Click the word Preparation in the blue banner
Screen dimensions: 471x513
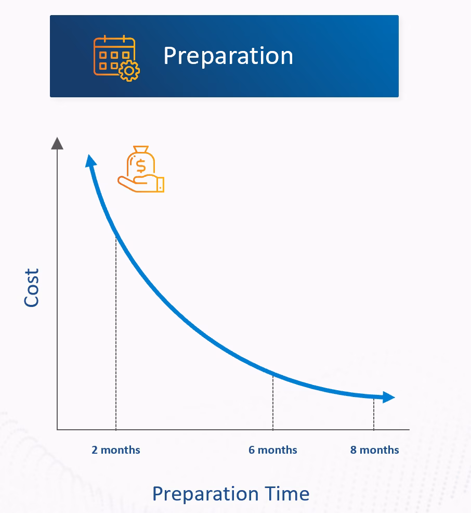[228, 56]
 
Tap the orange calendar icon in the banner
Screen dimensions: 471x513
[116, 58]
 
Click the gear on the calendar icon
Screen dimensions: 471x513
[129, 71]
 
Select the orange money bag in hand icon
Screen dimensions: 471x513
[141, 169]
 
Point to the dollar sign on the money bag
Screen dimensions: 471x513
[141, 165]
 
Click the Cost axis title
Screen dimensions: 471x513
[32, 288]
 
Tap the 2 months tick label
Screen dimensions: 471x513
[116, 450]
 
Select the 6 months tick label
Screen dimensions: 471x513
[272, 450]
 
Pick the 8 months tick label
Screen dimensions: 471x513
[375, 450]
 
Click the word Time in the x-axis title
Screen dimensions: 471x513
[287, 493]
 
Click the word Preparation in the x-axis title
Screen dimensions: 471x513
[205, 494]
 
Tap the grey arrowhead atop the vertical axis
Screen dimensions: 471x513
[57, 143]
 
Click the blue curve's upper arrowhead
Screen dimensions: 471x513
[90, 161]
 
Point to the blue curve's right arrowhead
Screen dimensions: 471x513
[389, 397]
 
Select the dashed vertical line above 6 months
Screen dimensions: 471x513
[273, 402]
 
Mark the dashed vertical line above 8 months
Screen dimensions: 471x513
[374, 414]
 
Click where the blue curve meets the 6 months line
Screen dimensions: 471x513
[273, 374]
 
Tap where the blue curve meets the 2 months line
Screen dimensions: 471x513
[116, 235]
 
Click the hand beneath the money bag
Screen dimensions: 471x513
[141, 183]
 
